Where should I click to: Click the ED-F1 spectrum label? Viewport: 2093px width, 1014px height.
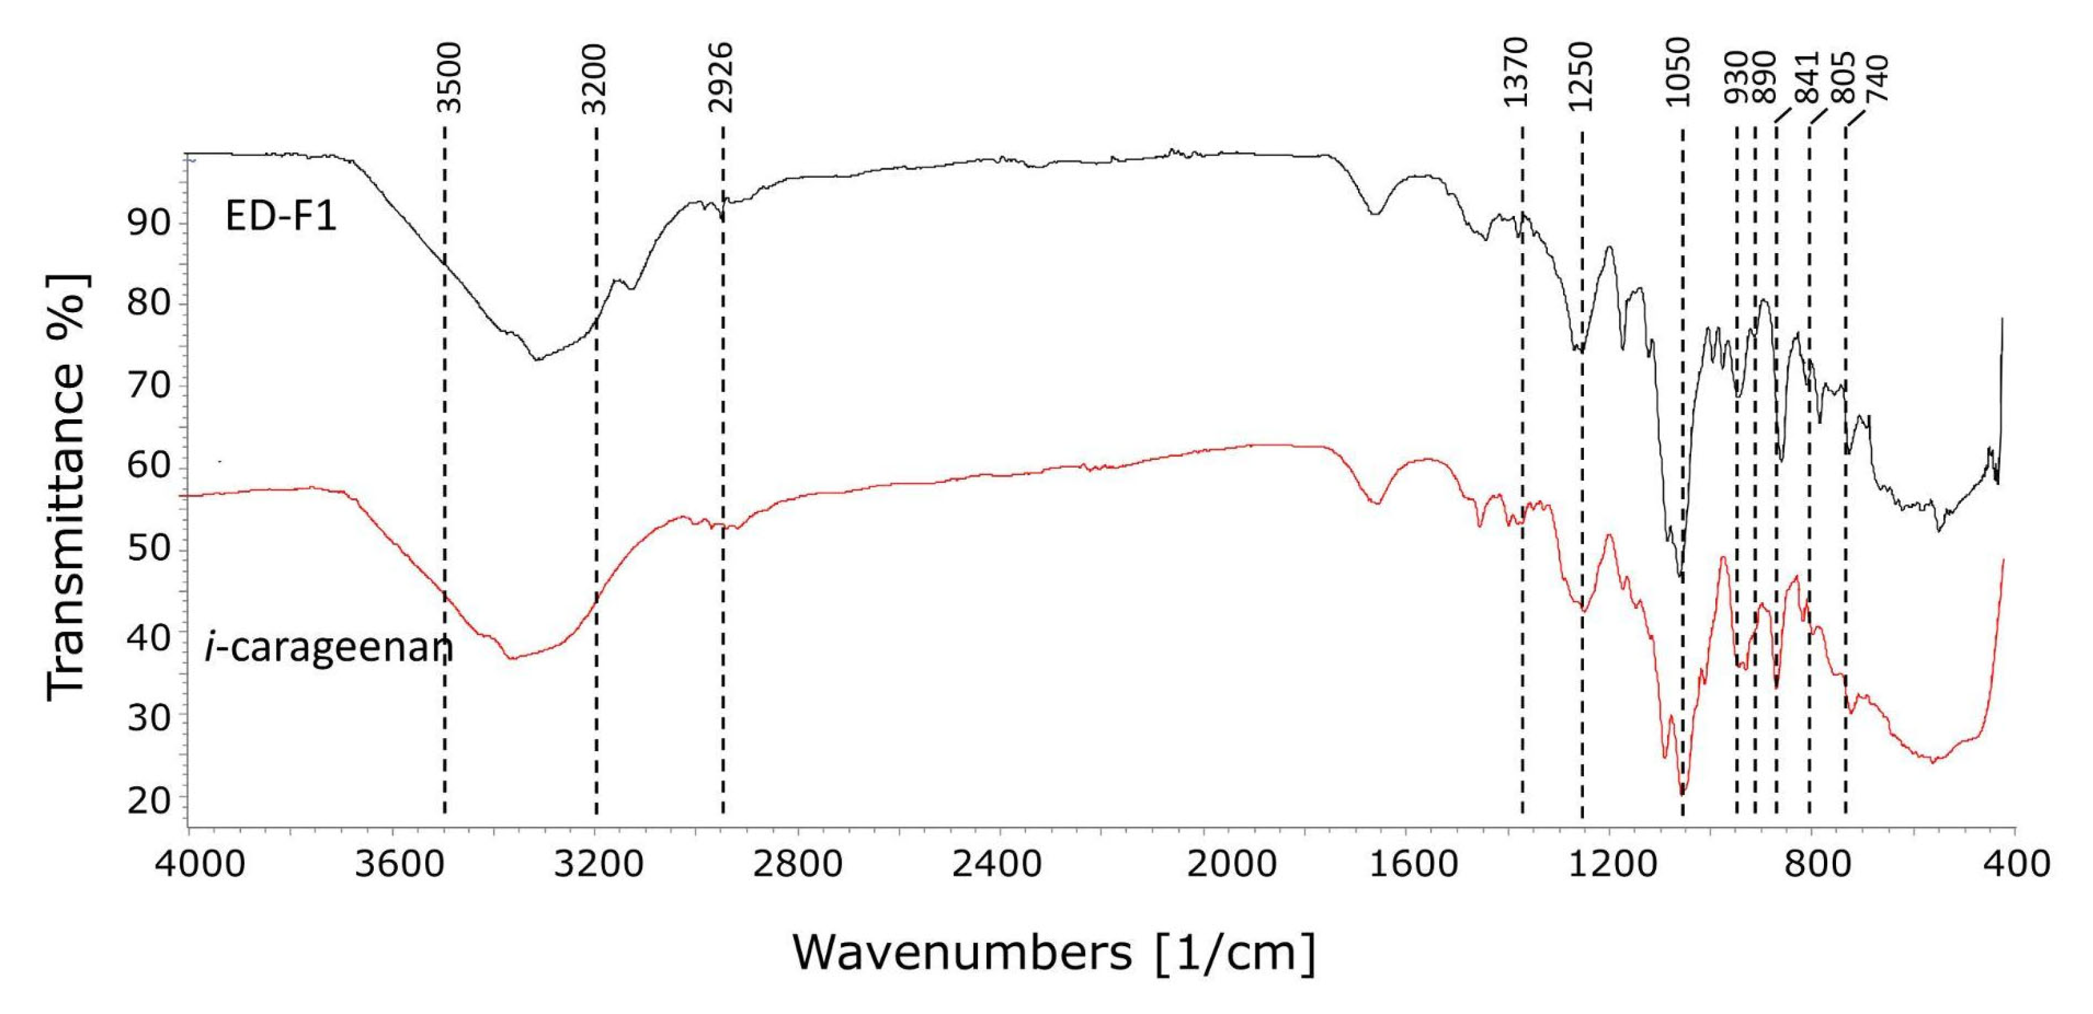pyautogui.click(x=281, y=217)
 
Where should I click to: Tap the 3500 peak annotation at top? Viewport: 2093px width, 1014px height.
pyautogui.click(x=449, y=78)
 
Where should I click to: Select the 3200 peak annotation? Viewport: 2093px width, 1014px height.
pyautogui.click(x=595, y=79)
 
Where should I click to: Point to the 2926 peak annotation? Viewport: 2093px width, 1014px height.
pyautogui.click(x=721, y=78)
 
